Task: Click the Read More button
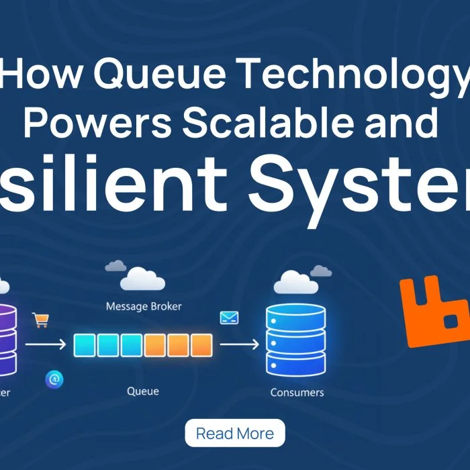point(234,433)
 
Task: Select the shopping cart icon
point(41,320)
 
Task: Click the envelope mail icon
point(229,317)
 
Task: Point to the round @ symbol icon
point(54,380)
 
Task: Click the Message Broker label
point(144,307)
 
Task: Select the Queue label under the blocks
point(142,391)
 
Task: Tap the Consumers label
point(296,392)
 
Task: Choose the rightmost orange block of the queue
point(201,345)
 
